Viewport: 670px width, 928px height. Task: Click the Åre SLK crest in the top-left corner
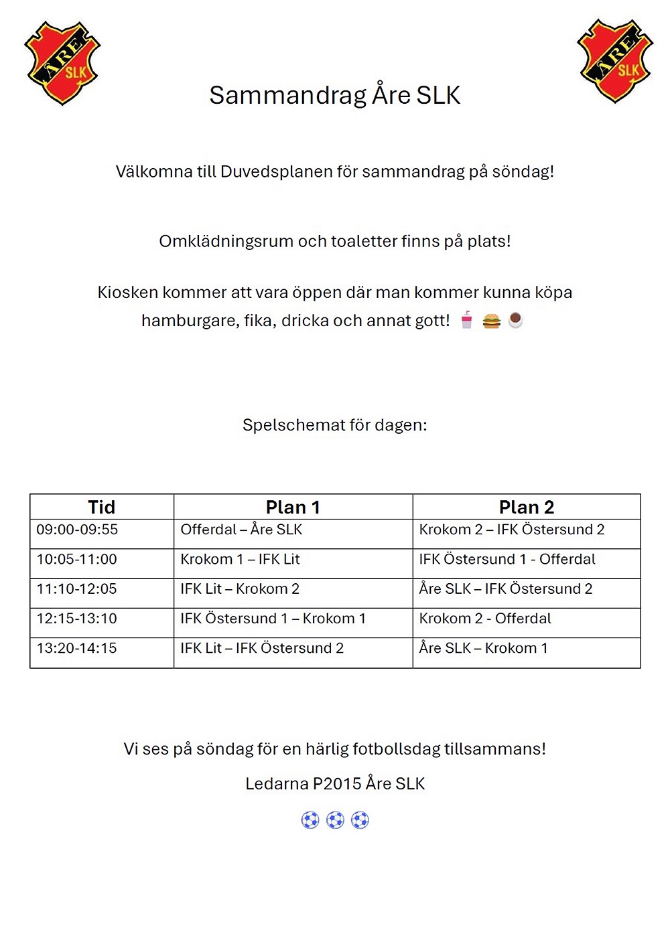click(x=62, y=63)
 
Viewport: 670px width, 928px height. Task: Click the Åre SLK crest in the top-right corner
click(x=615, y=61)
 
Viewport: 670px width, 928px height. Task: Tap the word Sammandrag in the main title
click(x=287, y=95)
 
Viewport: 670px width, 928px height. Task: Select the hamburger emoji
click(x=491, y=321)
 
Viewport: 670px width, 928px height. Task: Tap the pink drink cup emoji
click(x=467, y=320)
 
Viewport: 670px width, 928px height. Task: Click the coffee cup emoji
click(x=515, y=320)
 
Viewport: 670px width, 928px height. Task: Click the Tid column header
click(x=102, y=507)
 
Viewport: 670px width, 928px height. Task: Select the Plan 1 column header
click(x=293, y=507)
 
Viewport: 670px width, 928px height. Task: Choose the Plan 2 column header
click(x=527, y=507)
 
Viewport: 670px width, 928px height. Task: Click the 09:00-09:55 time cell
click(x=77, y=530)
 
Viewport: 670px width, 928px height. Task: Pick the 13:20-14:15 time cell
click(x=76, y=648)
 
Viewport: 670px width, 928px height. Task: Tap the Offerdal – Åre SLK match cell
click(x=241, y=530)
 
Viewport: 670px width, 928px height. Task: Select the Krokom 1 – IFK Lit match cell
click(x=240, y=559)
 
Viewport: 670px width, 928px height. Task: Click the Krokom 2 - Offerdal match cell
click(x=485, y=618)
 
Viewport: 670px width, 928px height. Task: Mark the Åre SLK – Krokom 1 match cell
click(x=483, y=648)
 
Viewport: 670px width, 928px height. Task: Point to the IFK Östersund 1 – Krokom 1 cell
click(x=273, y=618)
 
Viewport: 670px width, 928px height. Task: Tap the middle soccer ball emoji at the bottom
click(x=335, y=820)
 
